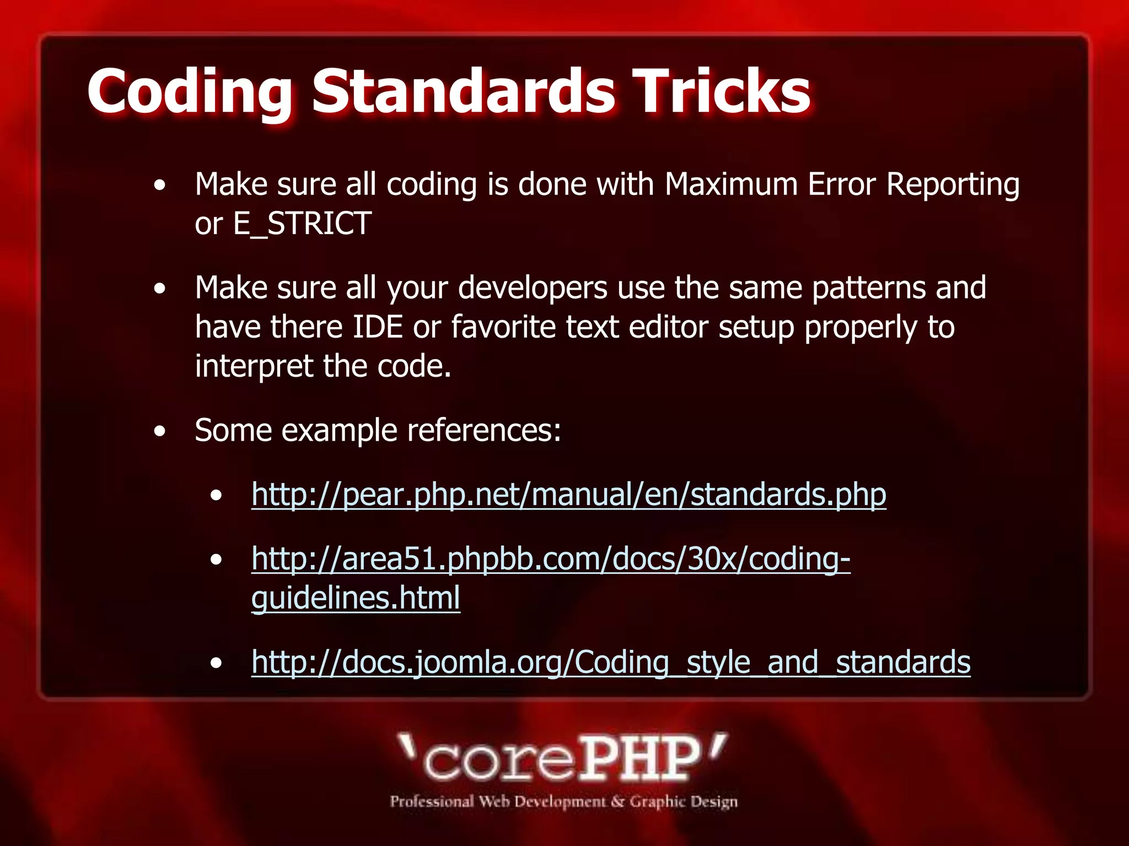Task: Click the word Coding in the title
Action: click(190, 91)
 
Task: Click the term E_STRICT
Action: click(302, 224)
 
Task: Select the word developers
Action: click(533, 289)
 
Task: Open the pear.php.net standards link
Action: click(568, 495)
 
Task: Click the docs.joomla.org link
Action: click(611, 662)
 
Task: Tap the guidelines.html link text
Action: click(356, 599)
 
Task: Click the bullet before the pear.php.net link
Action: click(216, 496)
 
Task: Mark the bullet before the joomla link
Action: click(216, 664)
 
